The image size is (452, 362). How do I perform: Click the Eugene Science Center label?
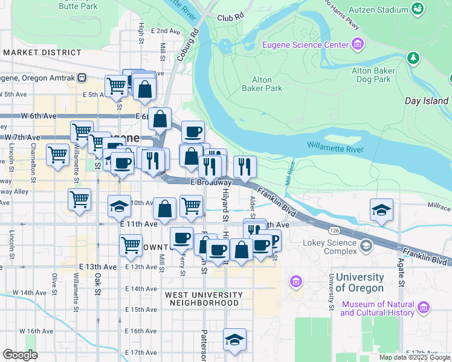click(x=305, y=45)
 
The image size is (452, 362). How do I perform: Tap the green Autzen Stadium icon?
click(x=417, y=8)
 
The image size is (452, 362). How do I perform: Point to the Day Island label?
click(x=426, y=101)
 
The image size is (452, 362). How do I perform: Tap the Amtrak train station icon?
click(x=82, y=78)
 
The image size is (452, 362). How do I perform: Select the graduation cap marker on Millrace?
click(x=381, y=209)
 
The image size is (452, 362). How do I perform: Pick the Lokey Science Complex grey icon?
click(x=366, y=246)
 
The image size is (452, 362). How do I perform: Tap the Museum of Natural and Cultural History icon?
click(x=424, y=308)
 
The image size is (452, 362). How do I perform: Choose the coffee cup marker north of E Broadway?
click(x=193, y=132)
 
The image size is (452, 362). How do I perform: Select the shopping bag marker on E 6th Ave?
click(x=160, y=118)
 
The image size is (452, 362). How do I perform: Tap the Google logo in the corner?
click(x=20, y=355)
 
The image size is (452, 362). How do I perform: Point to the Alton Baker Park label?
click(x=262, y=84)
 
